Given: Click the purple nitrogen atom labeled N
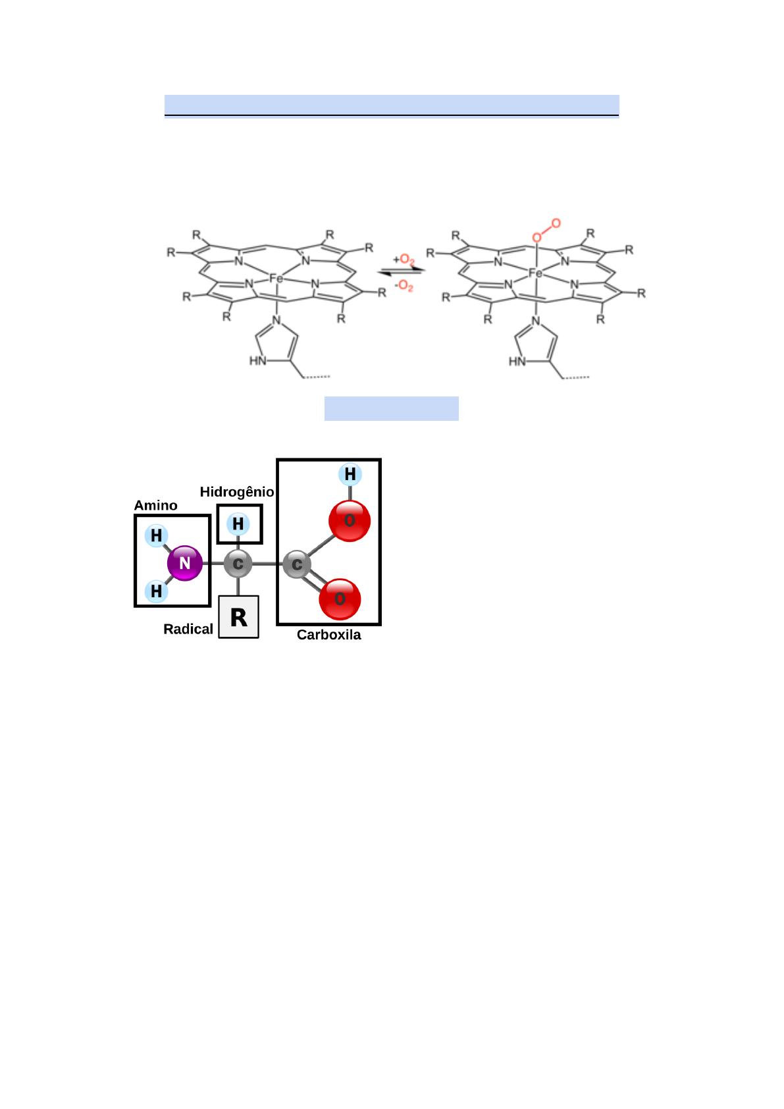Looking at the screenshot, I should pos(185,563).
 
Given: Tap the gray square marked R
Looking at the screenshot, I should pos(238,617).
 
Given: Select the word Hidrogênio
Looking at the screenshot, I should pos(237,492).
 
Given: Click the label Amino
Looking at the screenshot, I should pos(156,505).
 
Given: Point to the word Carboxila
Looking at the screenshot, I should pos(328,635).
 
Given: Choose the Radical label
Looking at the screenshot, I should pos(188,629).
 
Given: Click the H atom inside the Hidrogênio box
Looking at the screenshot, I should pos(238,524).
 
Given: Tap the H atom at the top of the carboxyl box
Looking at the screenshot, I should pos(350,474).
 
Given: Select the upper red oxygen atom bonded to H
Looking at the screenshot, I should pos(350,520).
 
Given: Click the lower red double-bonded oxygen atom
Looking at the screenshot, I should pos(340,599).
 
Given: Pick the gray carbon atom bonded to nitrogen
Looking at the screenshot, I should pos(238,564).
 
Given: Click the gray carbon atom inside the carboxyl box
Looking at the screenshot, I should pos(297,564).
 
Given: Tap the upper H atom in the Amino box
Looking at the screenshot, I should pos(156,535).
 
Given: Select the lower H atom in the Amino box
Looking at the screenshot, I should pos(156,591).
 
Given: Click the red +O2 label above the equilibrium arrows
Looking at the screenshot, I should pos(404,259).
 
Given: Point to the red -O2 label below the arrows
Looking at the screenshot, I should pos(404,286).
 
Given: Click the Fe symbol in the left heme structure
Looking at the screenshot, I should pos(276,279).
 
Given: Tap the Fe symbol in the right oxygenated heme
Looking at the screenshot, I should pos(536,273).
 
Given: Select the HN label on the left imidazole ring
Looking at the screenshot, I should pos(257,361).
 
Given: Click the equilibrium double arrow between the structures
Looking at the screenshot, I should pos(402,271).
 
